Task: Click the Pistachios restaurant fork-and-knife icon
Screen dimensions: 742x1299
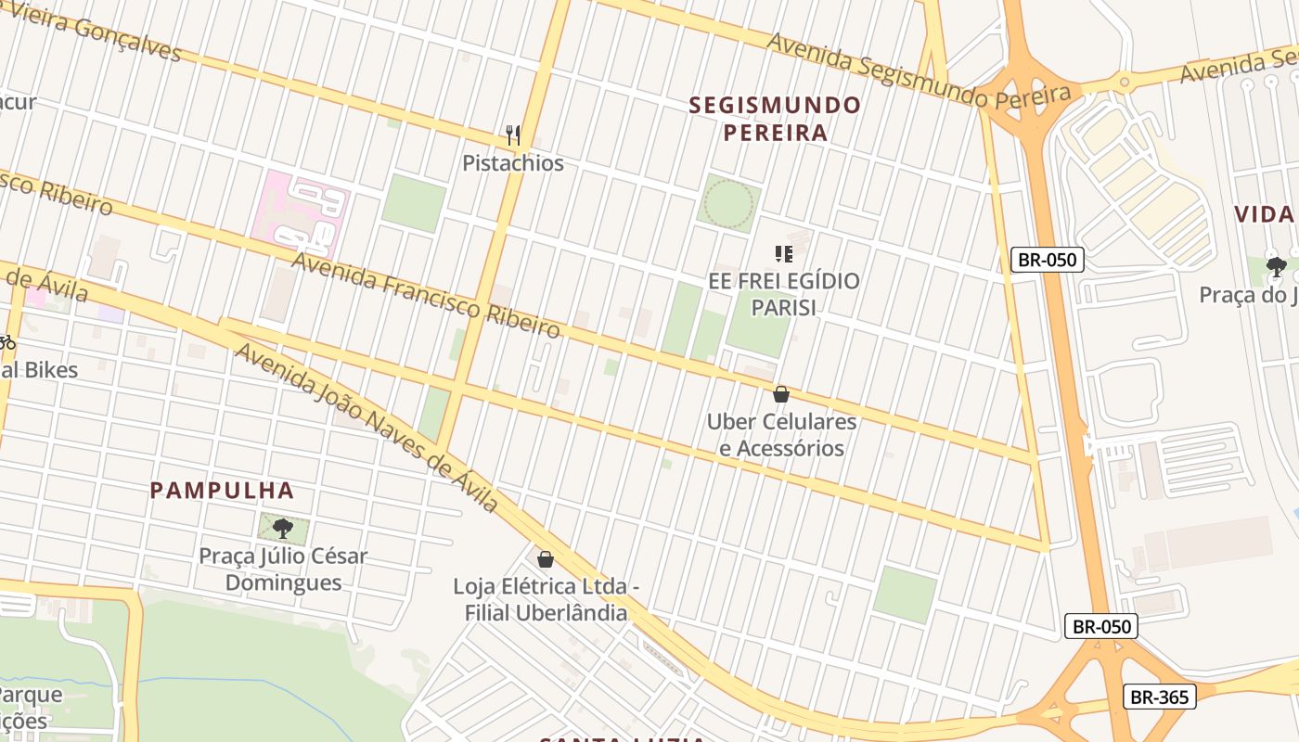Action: tap(513, 135)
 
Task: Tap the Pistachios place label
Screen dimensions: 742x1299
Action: tap(513, 163)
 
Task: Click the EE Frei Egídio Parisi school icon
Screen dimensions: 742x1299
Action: tap(783, 253)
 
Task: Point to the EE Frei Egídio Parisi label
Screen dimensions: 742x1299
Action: tap(783, 293)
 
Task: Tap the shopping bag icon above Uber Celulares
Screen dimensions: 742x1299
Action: tap(781, 394)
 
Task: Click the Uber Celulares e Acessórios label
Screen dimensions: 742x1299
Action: tap(781, 435)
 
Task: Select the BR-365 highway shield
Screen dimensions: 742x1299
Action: tap(1159, 697)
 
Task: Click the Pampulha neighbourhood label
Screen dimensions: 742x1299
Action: tap(222, 491)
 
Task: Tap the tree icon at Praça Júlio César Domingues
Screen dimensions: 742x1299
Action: tap(283, 529)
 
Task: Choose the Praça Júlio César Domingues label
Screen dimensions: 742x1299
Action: tap(283, 569)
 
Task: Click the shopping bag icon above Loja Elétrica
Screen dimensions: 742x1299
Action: tap(546, 559)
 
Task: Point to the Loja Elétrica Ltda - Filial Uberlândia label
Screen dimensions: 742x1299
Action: tap(546, 599)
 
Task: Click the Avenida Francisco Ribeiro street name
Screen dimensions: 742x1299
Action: tap(427, 294)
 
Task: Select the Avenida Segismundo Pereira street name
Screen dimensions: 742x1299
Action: tap(919, 68)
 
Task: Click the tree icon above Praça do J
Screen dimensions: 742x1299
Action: tap(1277, 267)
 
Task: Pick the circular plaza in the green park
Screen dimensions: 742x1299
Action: tap(728, 203)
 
